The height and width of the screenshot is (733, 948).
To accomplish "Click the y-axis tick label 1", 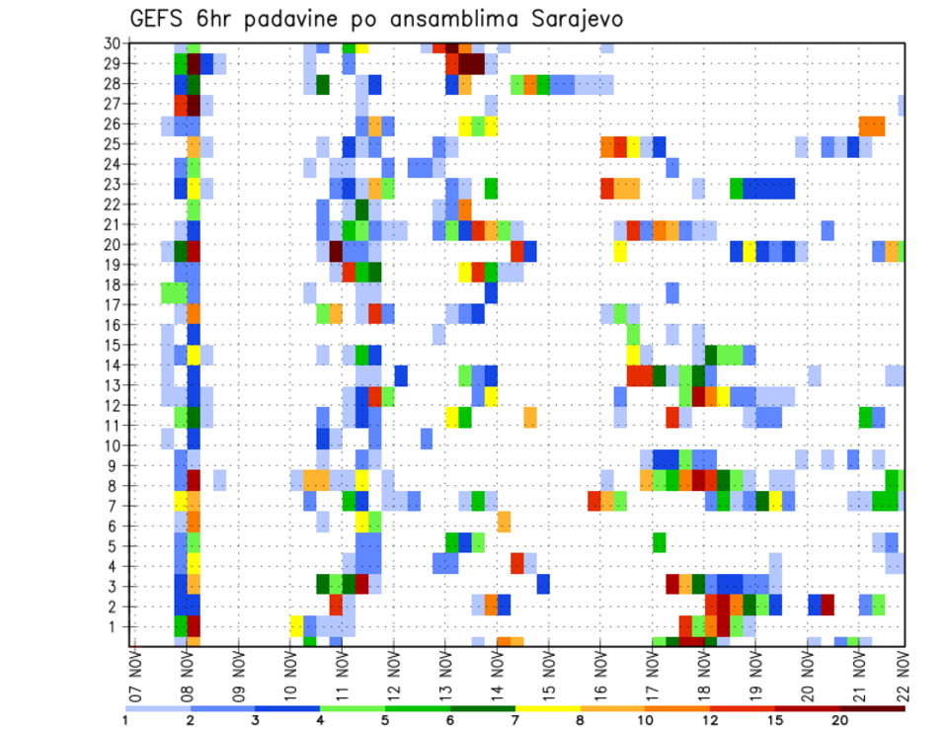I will [116, 626].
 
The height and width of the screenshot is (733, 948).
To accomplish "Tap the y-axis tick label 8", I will [116, 485].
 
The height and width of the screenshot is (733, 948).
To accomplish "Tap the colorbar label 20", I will [840, 720].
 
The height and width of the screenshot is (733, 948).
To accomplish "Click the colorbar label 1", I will [125, 720].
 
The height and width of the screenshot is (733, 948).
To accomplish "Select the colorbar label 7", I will [515, 720].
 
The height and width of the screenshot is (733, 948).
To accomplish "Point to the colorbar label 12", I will [709, 720].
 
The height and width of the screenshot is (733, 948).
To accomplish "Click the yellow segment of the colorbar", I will [548, 707].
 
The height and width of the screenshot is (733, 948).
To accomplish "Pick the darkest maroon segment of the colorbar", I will [873, 707].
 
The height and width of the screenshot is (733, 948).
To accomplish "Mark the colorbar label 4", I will [321, 720].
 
